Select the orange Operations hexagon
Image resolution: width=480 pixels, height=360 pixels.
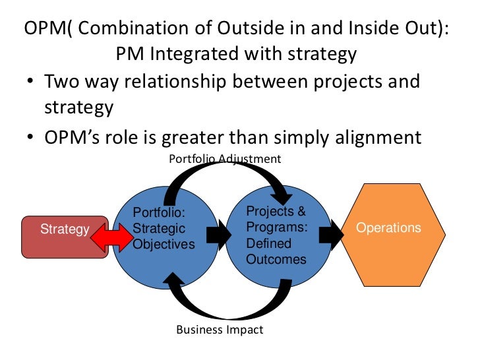click(x=388, y=229)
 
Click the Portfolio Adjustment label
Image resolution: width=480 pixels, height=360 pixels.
click(x=225, y=159)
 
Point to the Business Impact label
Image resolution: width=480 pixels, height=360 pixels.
click(x=220, y=330)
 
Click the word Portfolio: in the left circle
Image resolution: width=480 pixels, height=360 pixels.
click(x=159, y=213)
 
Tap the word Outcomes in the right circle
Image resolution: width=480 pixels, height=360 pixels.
click(x=276, y=260)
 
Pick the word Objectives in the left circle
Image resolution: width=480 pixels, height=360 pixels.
click(x=164, y=245)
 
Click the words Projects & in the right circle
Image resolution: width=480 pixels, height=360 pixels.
click(x=276, y=212)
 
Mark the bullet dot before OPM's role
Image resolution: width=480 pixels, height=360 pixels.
click(x=31, y=138)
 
